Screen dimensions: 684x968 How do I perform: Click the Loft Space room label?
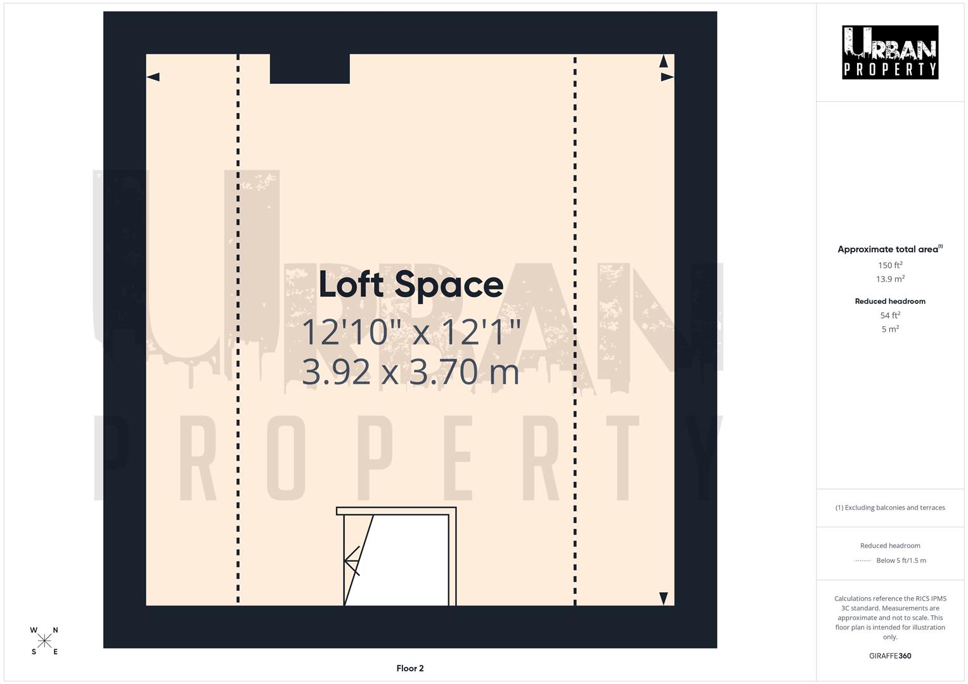(411, 284)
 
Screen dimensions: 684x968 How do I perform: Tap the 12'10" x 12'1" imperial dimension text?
(411, 332)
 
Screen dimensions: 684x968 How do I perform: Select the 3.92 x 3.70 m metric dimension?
(411, 372)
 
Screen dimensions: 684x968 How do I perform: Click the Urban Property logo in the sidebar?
(889, 53)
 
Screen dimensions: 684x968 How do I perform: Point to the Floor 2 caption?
(410, 668)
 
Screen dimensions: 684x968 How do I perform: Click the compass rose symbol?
(44, 641)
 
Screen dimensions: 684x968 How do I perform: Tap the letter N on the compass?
(55, 630)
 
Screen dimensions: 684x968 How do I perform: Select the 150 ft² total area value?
(889, 265)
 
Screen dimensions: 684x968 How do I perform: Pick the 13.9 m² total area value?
(889, 279)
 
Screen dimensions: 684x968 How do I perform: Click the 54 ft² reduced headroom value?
(889, 315)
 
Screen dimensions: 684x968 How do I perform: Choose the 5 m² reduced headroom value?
(889, 329)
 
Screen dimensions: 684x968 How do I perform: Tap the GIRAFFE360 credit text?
(889, 656)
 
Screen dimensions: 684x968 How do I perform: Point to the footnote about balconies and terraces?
(889, 508)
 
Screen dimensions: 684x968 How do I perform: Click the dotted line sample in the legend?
(863, 560)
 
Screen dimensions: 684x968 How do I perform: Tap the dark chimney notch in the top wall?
(309, 68)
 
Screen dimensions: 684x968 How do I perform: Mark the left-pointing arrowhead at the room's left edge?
(153, 77)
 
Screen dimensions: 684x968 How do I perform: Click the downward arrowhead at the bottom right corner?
(664, 598)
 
